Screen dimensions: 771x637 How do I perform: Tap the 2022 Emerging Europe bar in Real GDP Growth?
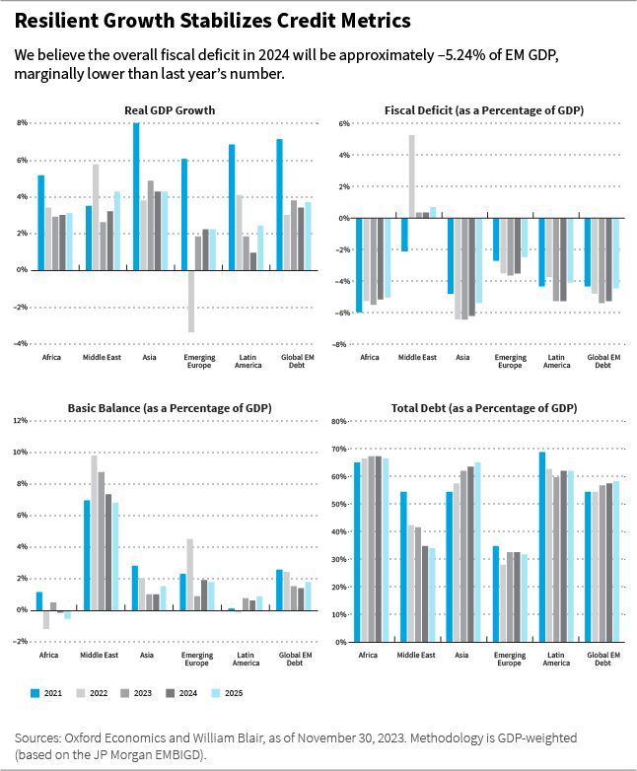pyautogui.click(x=191, y=301)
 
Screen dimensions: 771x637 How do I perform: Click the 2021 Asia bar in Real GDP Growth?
pyautogui.click(x=136, y=195)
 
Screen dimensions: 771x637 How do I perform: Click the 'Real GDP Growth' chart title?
pyautogui.click(x=170, y=110)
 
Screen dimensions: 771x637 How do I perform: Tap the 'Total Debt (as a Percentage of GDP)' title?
pyautogui.click(x=484, y=408)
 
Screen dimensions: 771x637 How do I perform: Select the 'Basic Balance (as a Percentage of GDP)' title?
pyautogui.click(x=170, y=408)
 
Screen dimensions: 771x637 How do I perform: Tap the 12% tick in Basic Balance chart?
pyautogui.click(x=19, y=421)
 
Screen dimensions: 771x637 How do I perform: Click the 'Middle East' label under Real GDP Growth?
pyautogui.click(x=103, y=357)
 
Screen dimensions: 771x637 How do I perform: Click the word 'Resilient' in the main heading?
pyautogui.click(x=60, y=20)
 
